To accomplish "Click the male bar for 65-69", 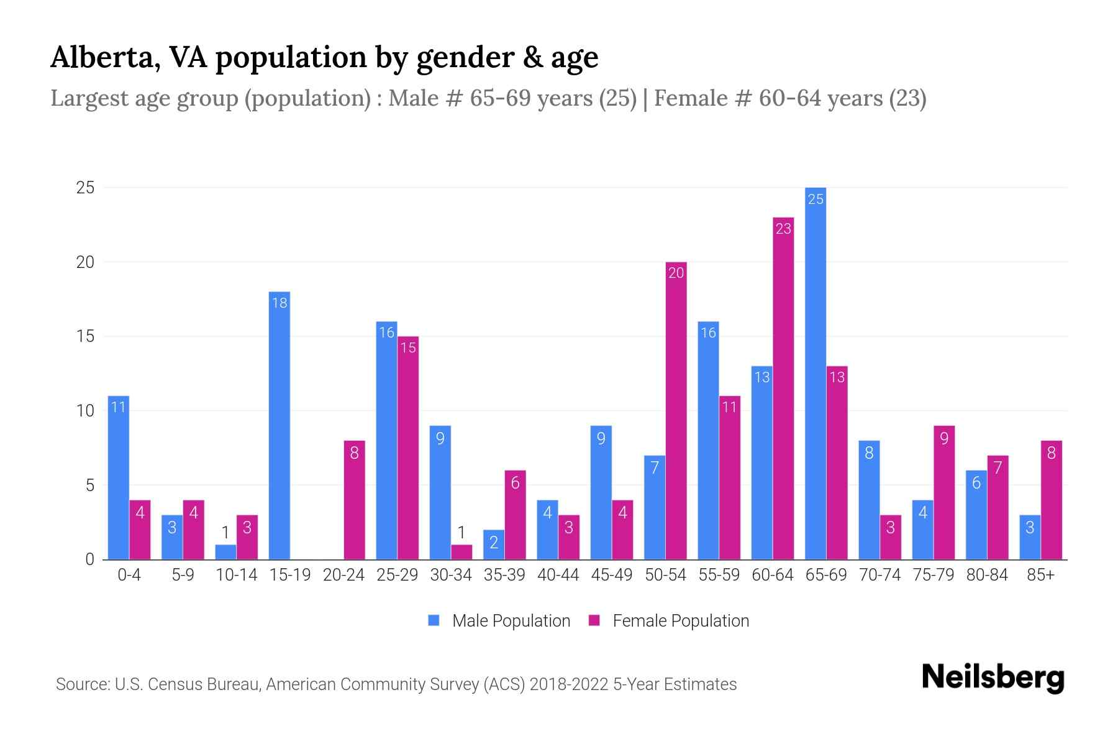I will pos(815,373).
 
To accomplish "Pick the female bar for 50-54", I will pos(676,410).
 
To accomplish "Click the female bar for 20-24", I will pos(354,500).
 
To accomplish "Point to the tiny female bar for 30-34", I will pos(461,552).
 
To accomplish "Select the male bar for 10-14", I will pos(225,552).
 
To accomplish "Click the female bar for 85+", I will pos(1051,500).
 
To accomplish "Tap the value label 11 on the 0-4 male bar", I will pos(118,407).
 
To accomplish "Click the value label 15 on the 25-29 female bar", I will pos(408,348).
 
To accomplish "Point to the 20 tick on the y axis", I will pos(85,262).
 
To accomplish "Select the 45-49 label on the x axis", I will pos(611,575).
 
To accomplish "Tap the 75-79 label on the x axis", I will pos(933,575).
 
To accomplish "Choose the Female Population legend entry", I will pos(668,621).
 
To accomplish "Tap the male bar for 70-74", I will pos(869,500).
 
